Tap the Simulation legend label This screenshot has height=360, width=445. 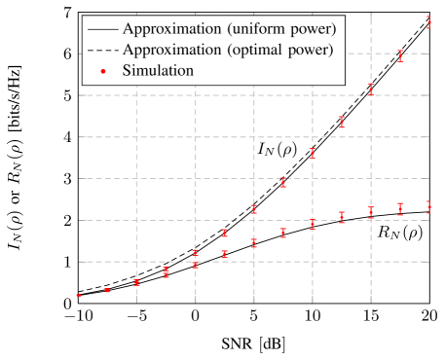(158, 70)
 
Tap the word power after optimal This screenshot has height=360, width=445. (309, 49)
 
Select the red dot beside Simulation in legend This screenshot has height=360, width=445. (101, 71)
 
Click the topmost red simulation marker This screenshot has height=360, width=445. (429, 22)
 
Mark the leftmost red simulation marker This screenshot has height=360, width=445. (79, 296)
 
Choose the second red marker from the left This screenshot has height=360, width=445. (107, 291)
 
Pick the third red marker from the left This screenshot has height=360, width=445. (137, 282)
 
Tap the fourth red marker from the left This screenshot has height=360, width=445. (167, 272)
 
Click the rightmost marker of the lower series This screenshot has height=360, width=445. (429, 206)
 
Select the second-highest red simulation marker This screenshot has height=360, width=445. (400, 55)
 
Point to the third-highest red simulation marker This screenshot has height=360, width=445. (371, 89)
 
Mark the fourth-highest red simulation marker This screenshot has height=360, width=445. (342, 122)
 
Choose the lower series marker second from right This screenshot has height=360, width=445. (400, 209)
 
